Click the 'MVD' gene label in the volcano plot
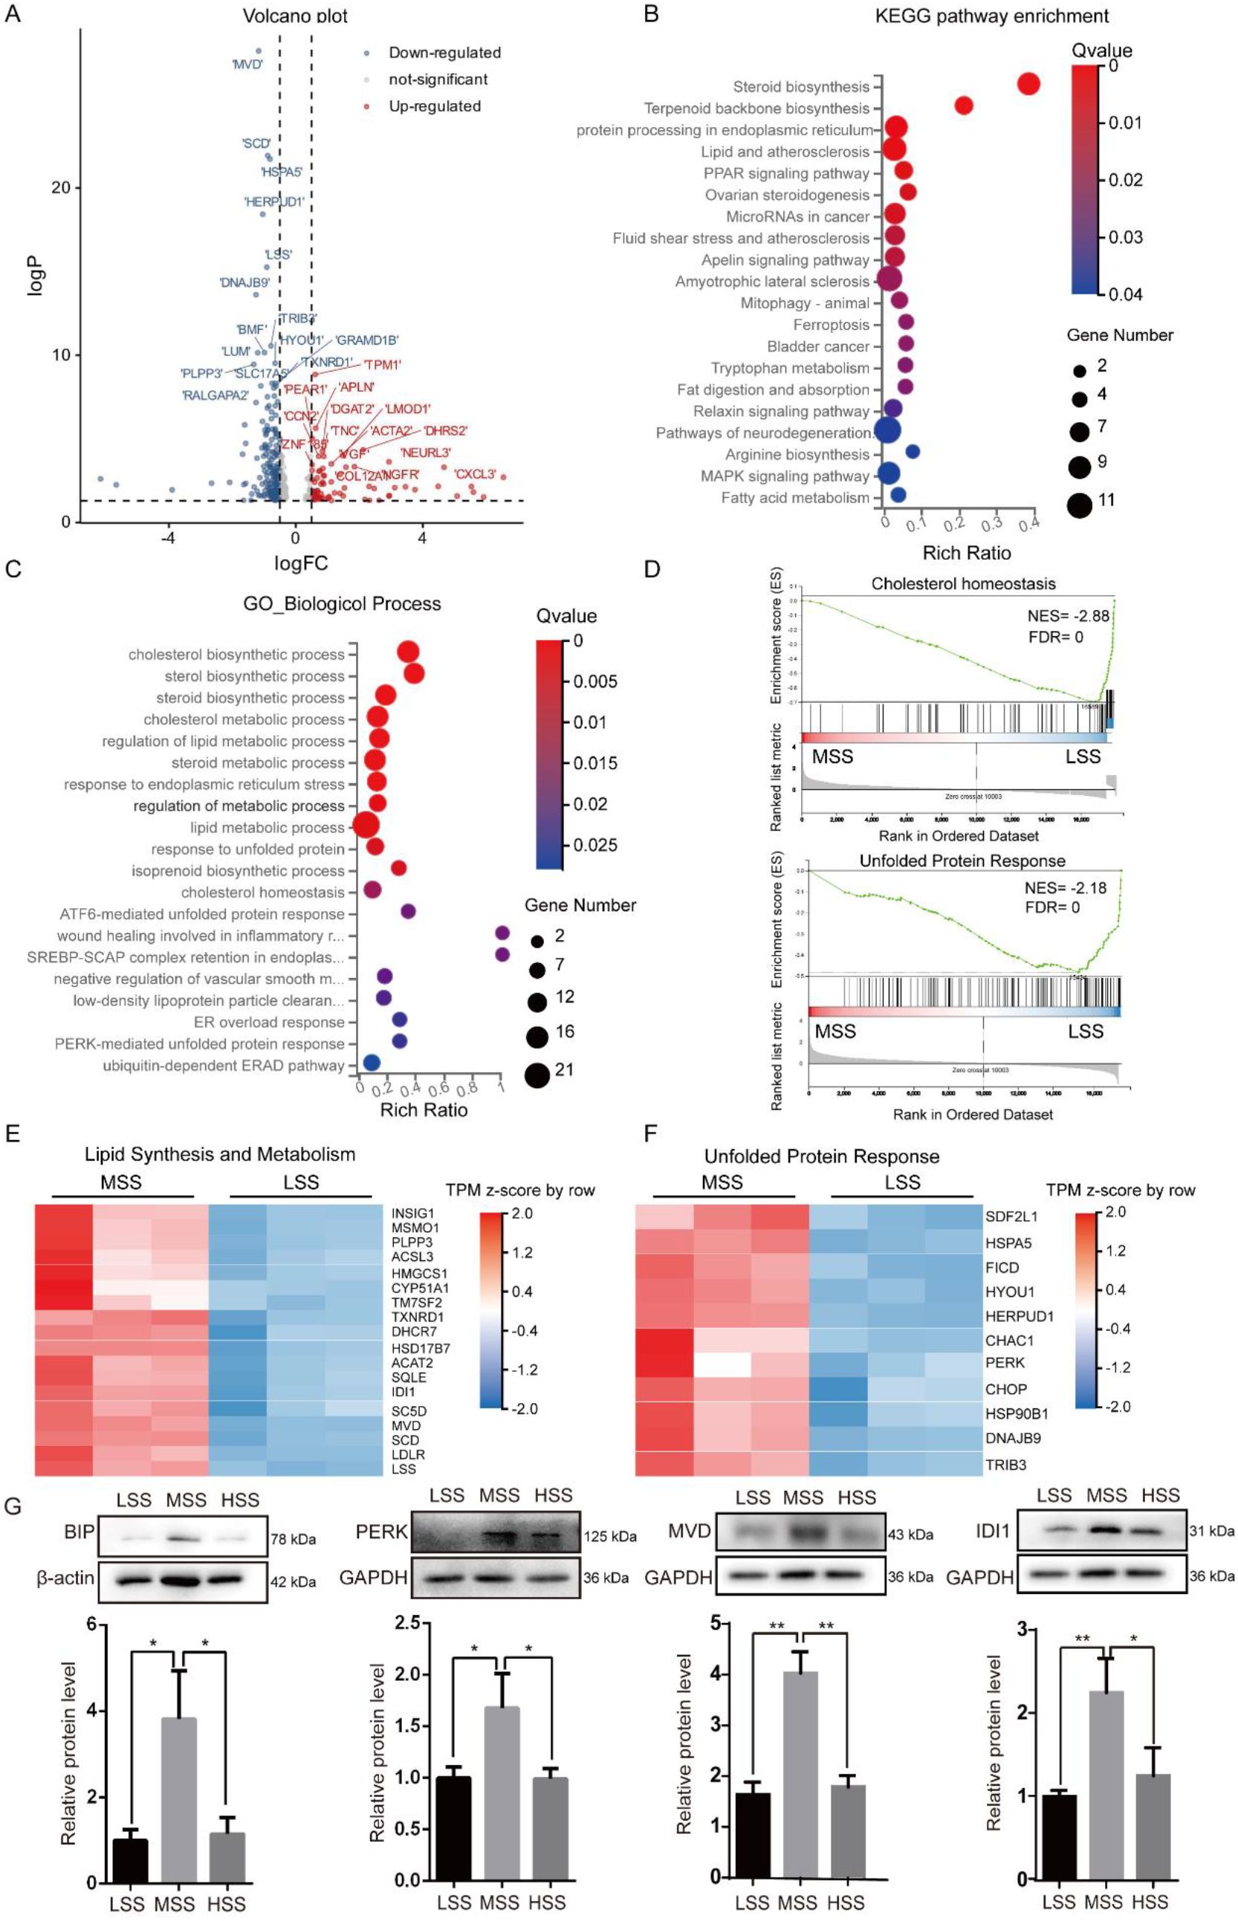pyautogui.click(x=247, y=65)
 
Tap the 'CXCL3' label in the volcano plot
pyautogui.click(x=475, y=474)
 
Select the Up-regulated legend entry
pyautogui.click(x=434, y=106)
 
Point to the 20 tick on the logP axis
pyautogui.click(x=61, y=187)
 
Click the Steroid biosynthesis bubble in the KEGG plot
pyautogui.click(x=1028, y=83)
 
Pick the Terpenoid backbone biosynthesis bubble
pyautogui.click(x=963, y=106)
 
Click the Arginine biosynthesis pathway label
pyautogui.click(x=797, y=454)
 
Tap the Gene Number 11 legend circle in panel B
pyautogui.click(x=1080, y=505)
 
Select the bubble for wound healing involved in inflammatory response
pyautogui.click(x=502, y=933)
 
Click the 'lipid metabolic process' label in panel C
pyautogui.click(x=267, y=827)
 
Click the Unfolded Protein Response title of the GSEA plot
pyautogui.click(x=962, y=861)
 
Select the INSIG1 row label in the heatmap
pyautogui.click(x=412, y=1213)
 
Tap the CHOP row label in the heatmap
pyautogui.click(x=1005, y=1389)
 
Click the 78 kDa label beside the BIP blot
pyautogui.click(x=293, y=1539)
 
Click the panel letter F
pyautogui.click(x=651, y=1133)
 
